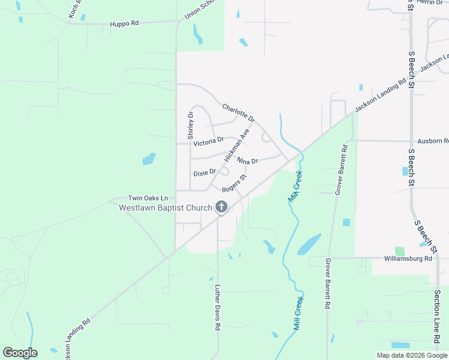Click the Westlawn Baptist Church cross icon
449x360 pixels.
(221, 208)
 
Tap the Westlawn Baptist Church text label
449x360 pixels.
(166, 208)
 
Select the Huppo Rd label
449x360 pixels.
(124, 24)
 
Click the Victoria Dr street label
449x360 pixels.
(208, 142)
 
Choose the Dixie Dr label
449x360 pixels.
(204, 173)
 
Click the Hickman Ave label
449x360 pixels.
(237, 145)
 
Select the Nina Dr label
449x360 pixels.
(247, 161)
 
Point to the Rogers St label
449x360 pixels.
(234, 184)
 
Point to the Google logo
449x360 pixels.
(20, 353)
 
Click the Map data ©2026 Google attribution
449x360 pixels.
(412, 355)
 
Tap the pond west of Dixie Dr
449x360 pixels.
(148, 159)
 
